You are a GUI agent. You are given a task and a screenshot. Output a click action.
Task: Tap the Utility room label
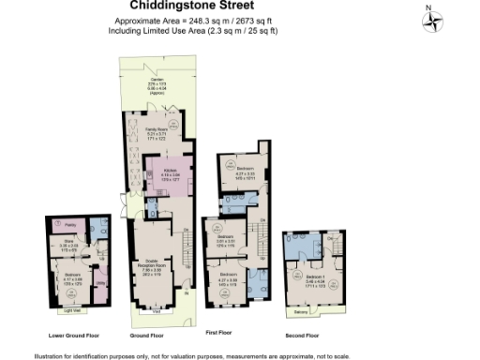pyautogui.click(x=99, y=282)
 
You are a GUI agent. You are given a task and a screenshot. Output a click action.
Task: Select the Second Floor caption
pyautogui.click(x=303, y=334)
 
